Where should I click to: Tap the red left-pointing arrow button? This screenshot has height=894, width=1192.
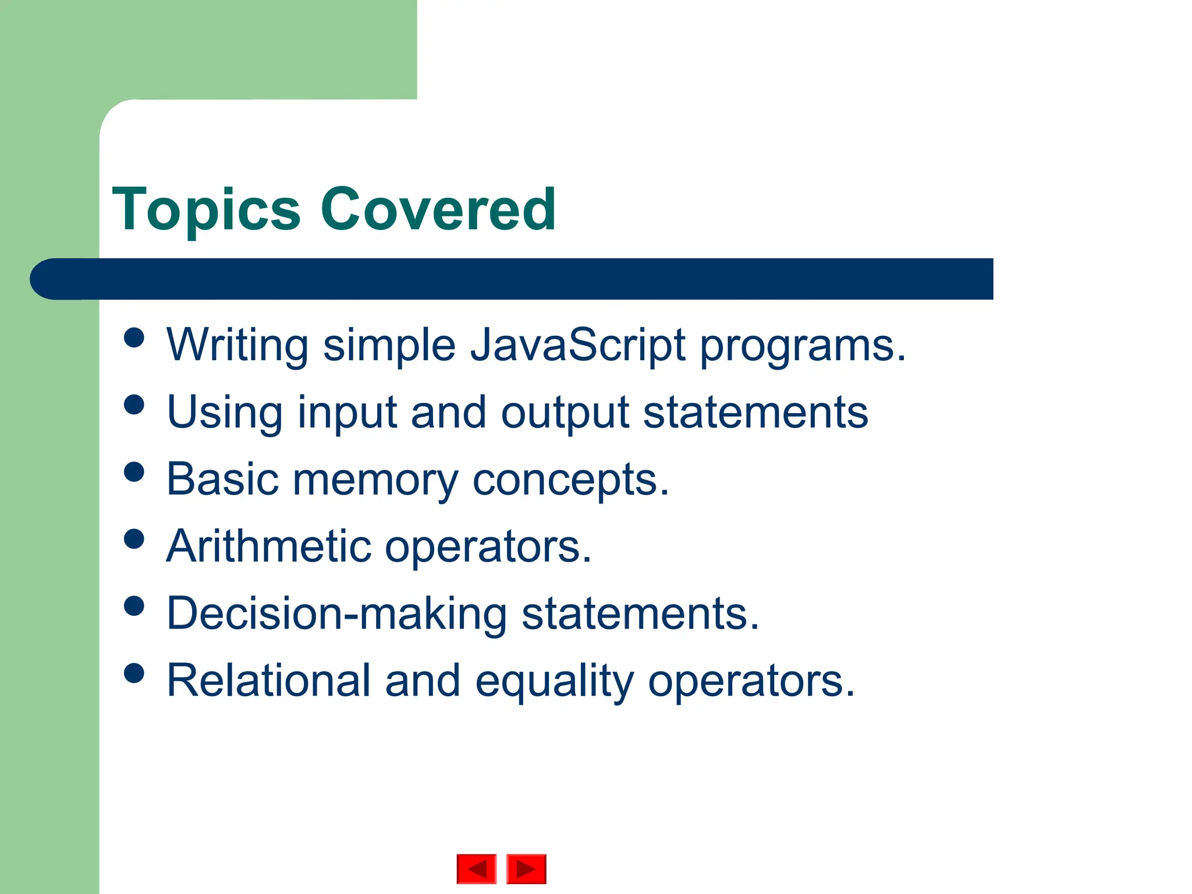(476, 869)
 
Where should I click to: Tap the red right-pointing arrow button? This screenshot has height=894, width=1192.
(526, 869)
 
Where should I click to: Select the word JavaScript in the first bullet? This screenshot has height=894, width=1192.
(578, 346)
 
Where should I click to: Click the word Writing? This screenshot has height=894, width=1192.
(237, 346)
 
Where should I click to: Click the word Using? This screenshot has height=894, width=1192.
(225, 413)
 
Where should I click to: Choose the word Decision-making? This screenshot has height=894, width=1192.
(336, 614)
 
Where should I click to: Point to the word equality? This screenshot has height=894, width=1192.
(554, 680)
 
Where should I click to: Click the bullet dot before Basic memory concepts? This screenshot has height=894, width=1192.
(134, 471)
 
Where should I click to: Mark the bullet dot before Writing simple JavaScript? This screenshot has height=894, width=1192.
(134, 338)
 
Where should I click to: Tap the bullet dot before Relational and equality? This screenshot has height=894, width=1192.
(134, 673)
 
